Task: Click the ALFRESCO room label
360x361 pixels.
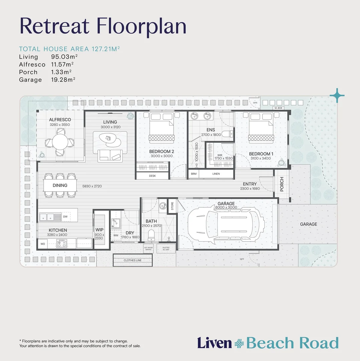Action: [60, 120]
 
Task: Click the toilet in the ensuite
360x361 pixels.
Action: [227, 134]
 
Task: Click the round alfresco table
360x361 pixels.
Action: [60, 142]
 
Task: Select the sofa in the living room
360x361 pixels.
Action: [110, 155]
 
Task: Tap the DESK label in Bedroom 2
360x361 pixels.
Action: [152, 176]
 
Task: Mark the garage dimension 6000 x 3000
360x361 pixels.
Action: [226, 208]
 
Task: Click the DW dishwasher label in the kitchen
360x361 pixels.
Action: [65, 217]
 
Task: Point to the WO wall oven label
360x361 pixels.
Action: [43, 244]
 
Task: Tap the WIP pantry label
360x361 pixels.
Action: [99, 230]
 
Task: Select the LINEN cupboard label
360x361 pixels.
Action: [216, 174]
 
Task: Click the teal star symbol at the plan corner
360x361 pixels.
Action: [337, 96]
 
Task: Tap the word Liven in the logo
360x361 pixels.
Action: [214, 343]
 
